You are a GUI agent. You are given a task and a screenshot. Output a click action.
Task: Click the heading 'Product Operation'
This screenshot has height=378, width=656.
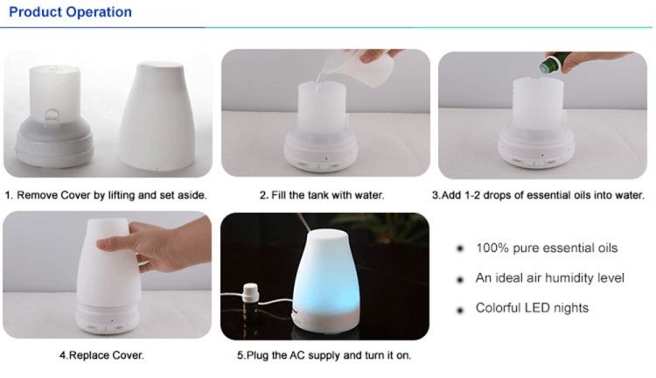pyautogui.click(x=70, y=11)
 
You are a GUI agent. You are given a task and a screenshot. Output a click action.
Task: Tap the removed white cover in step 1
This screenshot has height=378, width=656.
pyautogui.click(x=157, y=115)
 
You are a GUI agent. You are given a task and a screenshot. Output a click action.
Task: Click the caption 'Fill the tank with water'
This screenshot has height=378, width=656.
pyautogui.click(x=321, y=195)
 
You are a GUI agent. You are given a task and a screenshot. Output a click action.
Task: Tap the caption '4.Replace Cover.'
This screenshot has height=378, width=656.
pyautogui.click(x=101, y=355)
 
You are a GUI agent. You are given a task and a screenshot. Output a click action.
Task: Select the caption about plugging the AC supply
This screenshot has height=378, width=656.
pyautogui.click(x=324, y=355)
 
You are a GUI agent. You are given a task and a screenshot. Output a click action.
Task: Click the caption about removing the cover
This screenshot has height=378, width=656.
pyautogui.click(x=106, y=195)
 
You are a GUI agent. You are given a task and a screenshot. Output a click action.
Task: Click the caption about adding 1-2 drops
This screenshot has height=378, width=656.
pyautogui.click(x=539, y=195)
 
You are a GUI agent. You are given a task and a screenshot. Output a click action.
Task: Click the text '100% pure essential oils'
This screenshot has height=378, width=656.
pyautogui.click(x=547, y=248)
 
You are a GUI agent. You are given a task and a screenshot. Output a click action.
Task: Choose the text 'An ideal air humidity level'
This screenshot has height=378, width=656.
pyautogui.click(x=550, y=278)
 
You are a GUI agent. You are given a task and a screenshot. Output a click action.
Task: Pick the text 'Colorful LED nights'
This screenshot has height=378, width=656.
pyautogui.click(x=532, y=308)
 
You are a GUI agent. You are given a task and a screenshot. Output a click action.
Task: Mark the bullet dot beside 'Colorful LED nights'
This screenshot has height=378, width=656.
pyautogui.click(x=460, y=310)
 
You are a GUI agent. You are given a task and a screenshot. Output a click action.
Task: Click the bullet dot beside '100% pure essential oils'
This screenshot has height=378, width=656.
pyautogui.click(x=460, y=248)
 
